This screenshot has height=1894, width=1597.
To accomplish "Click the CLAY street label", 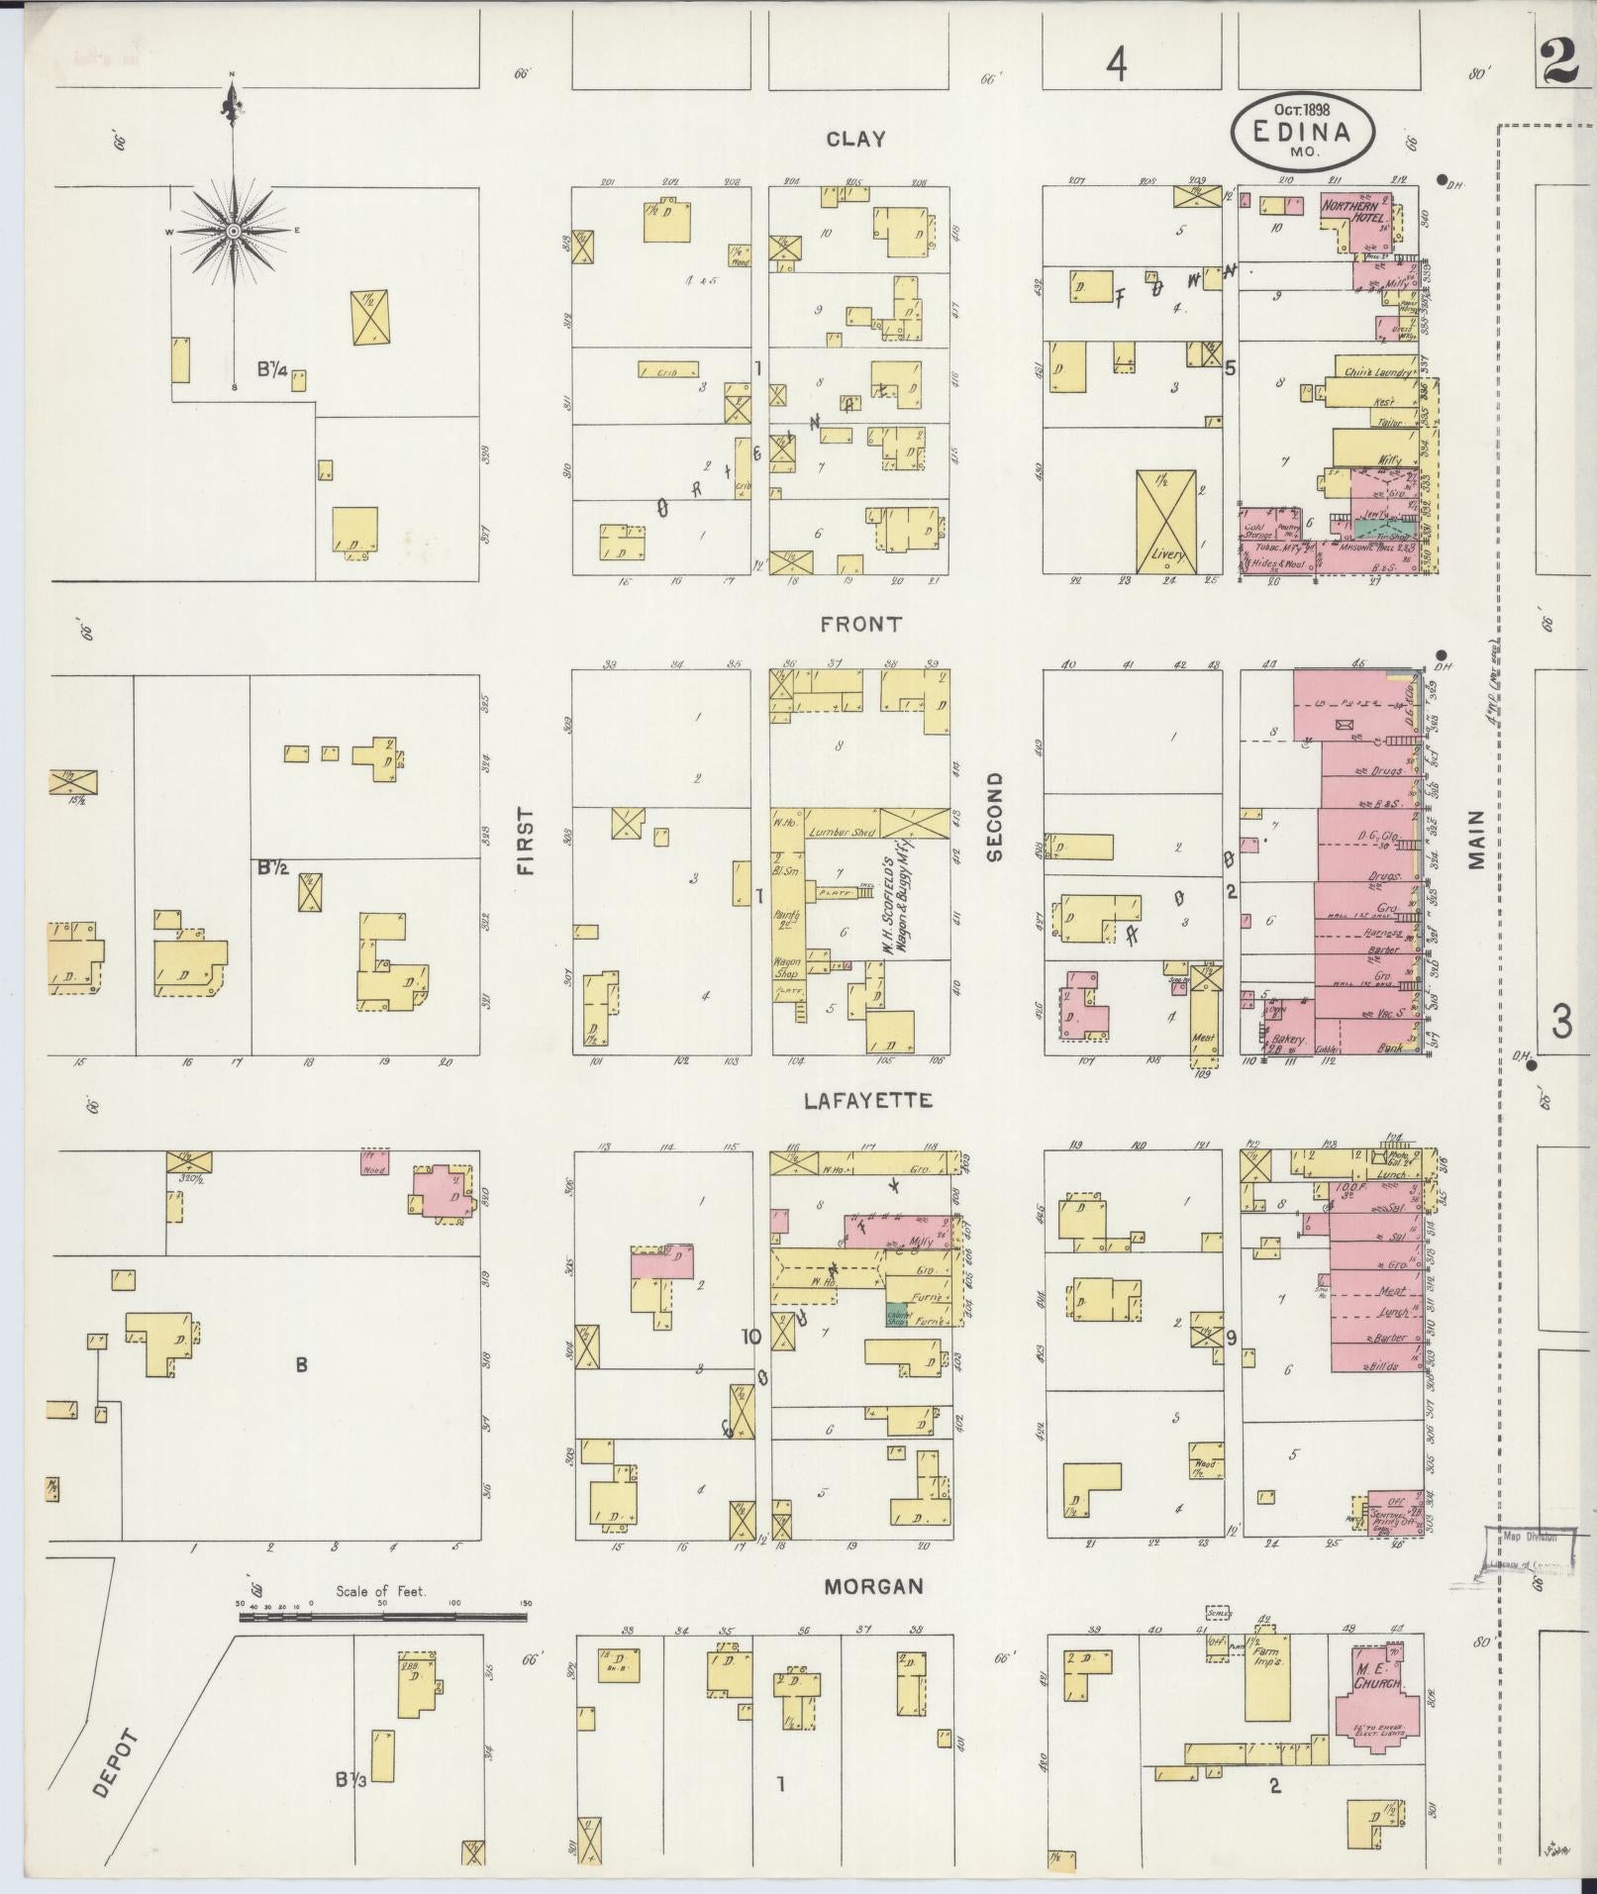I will (x=856, y=140).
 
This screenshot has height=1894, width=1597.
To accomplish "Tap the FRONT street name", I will (x=860, y=624).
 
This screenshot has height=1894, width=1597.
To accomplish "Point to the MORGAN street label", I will (x=873, y=1586).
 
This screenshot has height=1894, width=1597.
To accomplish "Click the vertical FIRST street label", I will (x=524, y=842).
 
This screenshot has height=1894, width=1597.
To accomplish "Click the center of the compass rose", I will (x=233, y=231).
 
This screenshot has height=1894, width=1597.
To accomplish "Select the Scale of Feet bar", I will (x=382, y=1617).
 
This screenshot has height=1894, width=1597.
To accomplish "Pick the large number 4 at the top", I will (x=1117, y=66).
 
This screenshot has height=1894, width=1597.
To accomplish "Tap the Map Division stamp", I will (x=1523, y=1565).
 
